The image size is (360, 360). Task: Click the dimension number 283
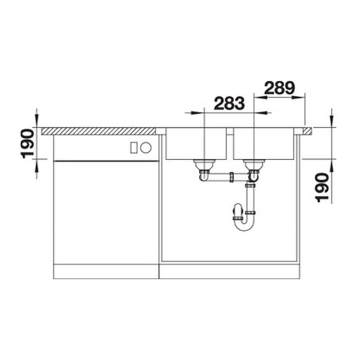pyautogui.click(x=229, y=103)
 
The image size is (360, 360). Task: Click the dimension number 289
pyautogui.click(x=279, y=88)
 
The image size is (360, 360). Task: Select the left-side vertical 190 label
pyautogui.click(x=27, y=144)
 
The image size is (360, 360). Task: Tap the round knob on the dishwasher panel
pyautogui.click(x=146, y=148)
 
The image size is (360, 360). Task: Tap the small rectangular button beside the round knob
pyautogui.click(x=134, y=148)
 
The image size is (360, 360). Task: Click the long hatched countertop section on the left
pyautogui.click(x=99, y=131)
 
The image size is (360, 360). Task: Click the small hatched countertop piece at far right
pyautogui.click(x=307, y=131)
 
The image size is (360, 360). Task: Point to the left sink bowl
pyautogui.click(x=196, y=144)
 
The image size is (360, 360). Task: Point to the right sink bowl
pyautogui.click(x=264, y=144)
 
